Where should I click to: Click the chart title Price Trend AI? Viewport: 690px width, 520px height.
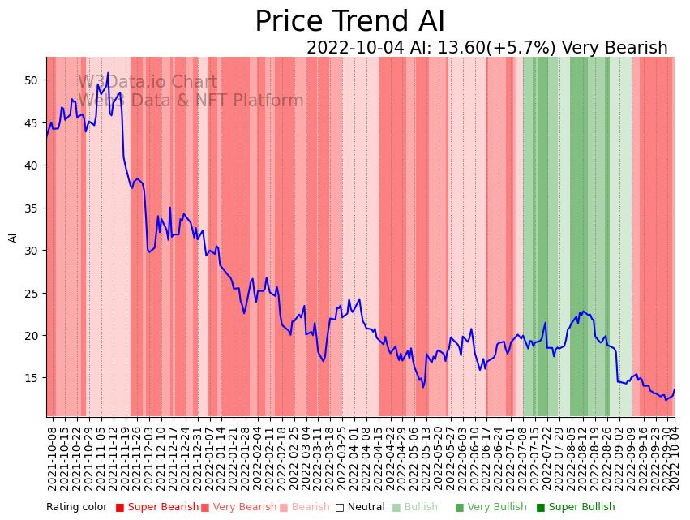pos(349,22)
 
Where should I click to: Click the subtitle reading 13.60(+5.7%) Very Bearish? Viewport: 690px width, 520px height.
pos(486,48)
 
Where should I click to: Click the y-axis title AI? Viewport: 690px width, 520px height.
pos(13,237)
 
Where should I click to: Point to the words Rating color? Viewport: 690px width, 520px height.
pos(76,507)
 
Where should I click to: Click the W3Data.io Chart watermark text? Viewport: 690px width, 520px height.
pos(148,82)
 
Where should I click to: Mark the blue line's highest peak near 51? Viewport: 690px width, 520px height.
pos(108,73)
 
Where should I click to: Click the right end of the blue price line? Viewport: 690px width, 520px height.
pos(674,390)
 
